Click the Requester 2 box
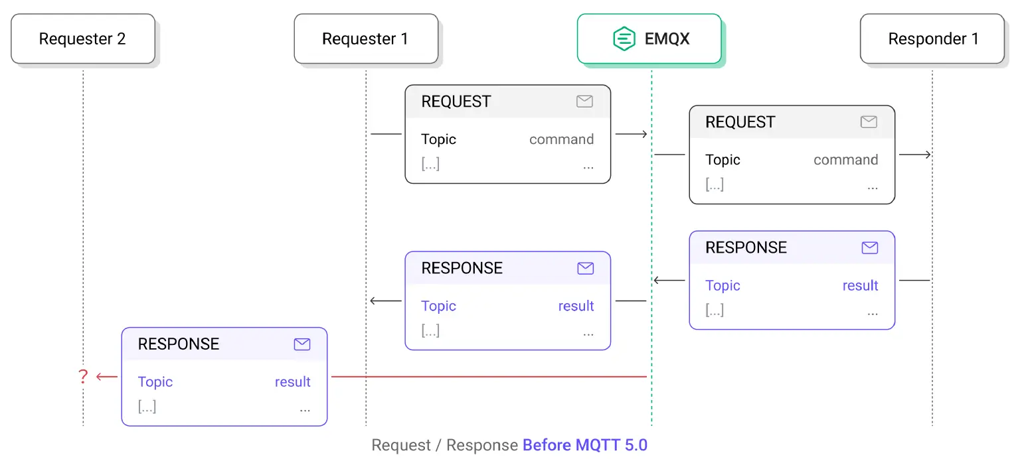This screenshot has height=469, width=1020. [82, 39]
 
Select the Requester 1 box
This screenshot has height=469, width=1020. [365, 39]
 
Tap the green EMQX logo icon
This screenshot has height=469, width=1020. [624, 38]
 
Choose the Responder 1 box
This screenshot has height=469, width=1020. [932, 39]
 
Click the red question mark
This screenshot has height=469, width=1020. [83, 377]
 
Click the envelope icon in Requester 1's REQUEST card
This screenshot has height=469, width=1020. [584, 101]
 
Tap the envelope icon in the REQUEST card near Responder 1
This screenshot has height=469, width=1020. [869, 122]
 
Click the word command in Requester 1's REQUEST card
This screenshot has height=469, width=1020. [561, 139]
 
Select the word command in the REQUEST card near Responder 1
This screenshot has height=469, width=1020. [845, 160]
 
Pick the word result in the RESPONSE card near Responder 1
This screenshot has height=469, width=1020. [860, 285]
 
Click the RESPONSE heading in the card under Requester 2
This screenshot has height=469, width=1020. [178, 344]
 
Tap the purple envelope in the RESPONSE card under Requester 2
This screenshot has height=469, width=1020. [302, 344]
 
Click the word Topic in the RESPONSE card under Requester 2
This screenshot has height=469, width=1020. [155, 381]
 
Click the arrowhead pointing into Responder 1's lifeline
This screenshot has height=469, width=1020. [928, 155]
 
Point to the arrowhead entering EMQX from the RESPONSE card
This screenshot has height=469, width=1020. [657, 281]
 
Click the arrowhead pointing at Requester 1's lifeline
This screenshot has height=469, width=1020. [374, 301]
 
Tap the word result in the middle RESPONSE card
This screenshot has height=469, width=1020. [576, 306]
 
